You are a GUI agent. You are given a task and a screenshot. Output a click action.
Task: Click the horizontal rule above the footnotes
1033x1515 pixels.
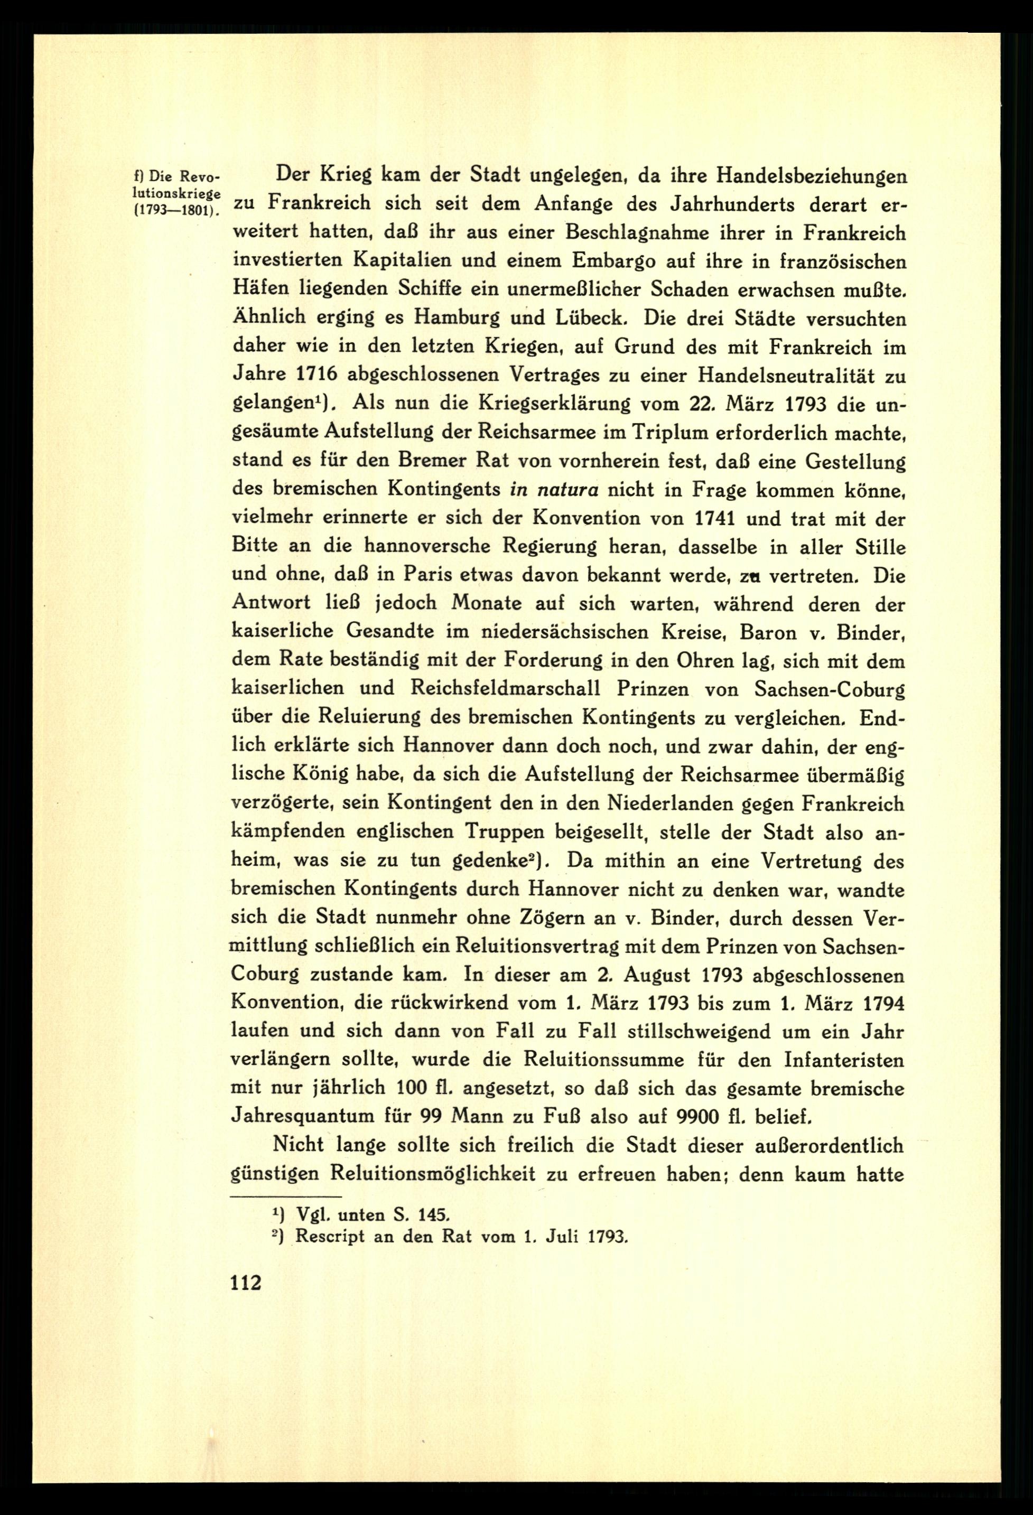pyautogui.click(x=287, y=1198)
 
